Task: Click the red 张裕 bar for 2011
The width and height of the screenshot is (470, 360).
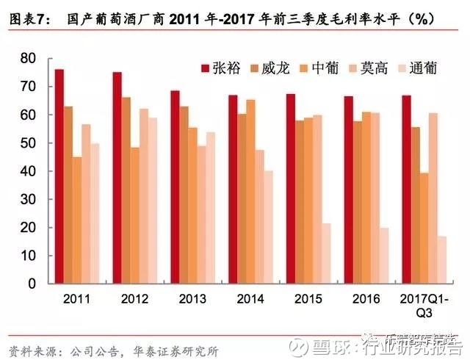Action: click(59, 176)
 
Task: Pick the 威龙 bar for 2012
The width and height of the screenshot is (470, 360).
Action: click(126, 190)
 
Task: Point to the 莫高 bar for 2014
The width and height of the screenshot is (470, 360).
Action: click(260, 217)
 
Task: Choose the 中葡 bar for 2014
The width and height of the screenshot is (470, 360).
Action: click(250, 191)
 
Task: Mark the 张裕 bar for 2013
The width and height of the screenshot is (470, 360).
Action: click(175, 187)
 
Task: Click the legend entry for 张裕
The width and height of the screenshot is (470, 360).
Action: click(225, 68)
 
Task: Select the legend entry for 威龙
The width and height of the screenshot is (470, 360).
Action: click(275, 68)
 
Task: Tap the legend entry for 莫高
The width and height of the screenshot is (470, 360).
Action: click(375, 68)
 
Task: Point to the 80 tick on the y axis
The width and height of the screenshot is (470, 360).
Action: click(29, 59)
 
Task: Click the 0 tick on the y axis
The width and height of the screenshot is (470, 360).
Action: click(33, 284)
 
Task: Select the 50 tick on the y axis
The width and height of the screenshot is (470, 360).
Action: click(29, 143)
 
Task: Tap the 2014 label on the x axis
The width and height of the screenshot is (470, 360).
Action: click(250, 299)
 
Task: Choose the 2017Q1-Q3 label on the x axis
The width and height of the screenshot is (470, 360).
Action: click(424, 306)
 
